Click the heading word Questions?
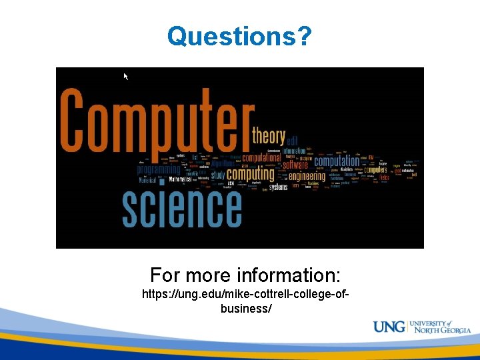tap(239, 36)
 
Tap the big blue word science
tap(181, 207)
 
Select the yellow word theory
tap(268, 136)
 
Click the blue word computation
tap(337, 161)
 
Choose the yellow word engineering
tap(306, 176)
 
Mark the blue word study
tap(218, 175)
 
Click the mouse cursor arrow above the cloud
tap(125, 77)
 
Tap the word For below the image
tap(164, 275)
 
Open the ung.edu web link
tap(245, 294)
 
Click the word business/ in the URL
tap(245, 309)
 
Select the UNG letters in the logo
tap(389, 327)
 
